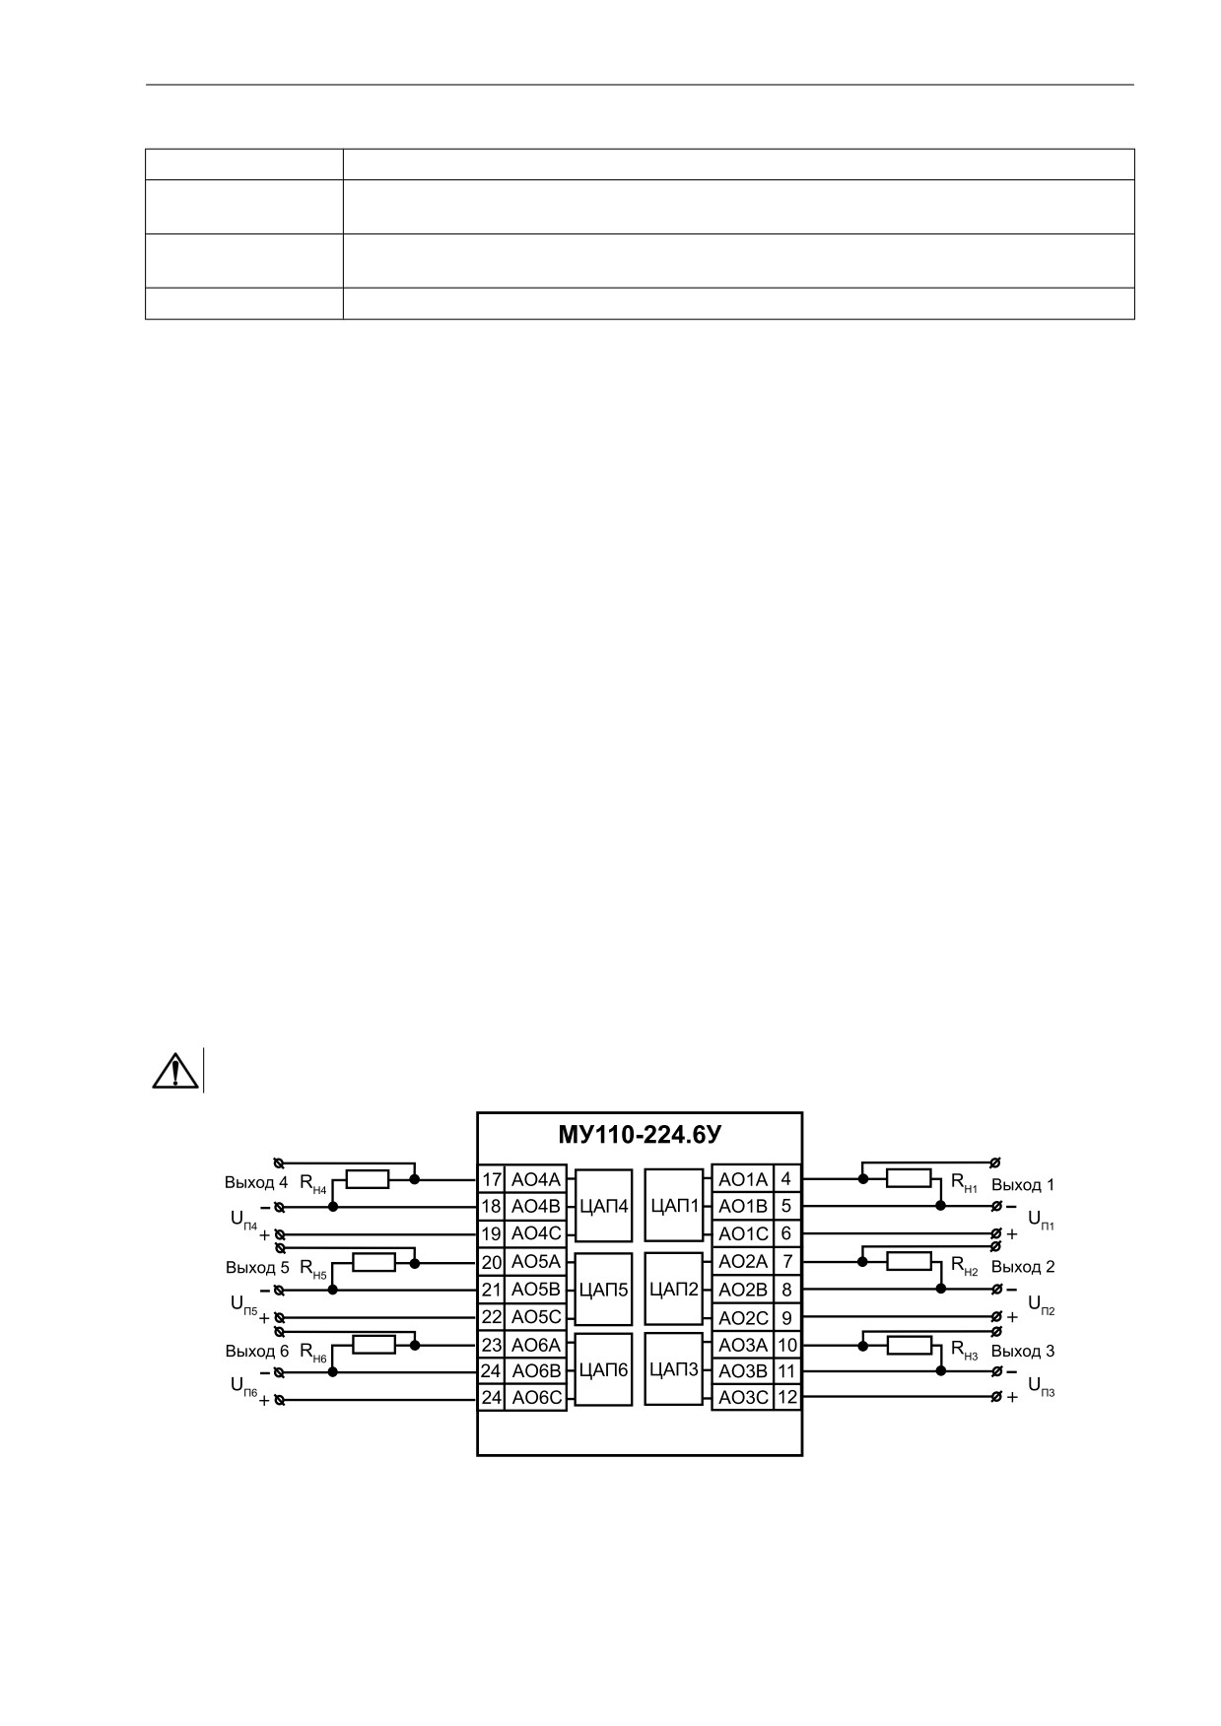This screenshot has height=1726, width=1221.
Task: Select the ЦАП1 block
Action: pos(675,1206)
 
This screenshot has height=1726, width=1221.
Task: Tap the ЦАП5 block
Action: pos(603,1289)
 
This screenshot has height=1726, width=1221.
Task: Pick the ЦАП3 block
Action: pos(675,1369)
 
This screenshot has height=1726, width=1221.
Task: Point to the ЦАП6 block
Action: pos(603,1370)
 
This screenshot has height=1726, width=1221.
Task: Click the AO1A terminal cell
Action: pos(743,1179)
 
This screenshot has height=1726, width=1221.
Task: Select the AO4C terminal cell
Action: pos(536,1233)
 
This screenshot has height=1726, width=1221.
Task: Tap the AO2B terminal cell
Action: pos(743,1290)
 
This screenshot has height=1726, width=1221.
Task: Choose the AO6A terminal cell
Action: pos(536,1345)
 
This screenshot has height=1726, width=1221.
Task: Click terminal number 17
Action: pos(492,1179)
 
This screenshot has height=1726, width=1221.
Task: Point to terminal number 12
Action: pos(787,1397)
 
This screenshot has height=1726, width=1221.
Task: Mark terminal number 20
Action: pos(492,1262)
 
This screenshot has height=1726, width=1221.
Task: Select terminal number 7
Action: pos(787,1262)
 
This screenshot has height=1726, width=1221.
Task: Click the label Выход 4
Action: pos(256,1182)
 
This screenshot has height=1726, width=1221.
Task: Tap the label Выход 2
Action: pos(1023,1267)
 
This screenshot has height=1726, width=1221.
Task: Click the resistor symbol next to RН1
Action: pos(909,1178)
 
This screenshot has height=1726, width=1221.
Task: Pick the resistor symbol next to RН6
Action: pos(373,1345)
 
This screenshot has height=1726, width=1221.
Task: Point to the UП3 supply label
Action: pos(1041,1386)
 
